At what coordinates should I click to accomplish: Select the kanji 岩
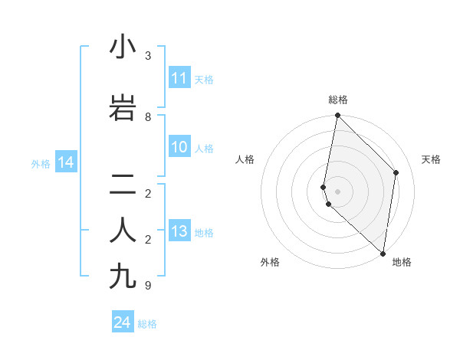pyautogui.click(x=123, y=109)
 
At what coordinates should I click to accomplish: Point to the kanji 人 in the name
pyautogui.click(x=123, y=231)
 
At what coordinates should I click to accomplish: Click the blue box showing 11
pyautogui.click(x=179, y=78)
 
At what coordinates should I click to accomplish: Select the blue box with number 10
pyautogui.click(x=179, y=147)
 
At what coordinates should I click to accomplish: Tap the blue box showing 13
pyautogui.click(x=179, y=232)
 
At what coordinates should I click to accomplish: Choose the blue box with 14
pyautogui.click(x=66, y=162)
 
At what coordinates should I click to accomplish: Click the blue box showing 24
pyautogui.click(x=123, y=323)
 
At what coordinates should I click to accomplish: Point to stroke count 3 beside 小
pyautogui.click(x=148, y=56)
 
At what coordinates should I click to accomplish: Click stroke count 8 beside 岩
pyautogui.click(x=148, y=117)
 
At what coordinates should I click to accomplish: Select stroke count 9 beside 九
pyautogui.click(x=148, y=286)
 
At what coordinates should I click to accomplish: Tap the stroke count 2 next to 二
pyautogui.click(x=148, y=194)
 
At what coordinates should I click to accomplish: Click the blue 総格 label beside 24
pyautogui.click(x=147, y=324)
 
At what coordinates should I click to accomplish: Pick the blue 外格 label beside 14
pyautogui.click(x=41, y=163)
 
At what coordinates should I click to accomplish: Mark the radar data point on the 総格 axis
pyautogui.click(x=337, y=116)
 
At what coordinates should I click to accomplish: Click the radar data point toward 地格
pyautogui.click(x=383, y=254)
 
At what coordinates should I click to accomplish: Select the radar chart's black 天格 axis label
pyautogui.click(x=431, y=159)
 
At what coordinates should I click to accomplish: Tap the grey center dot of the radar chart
pyautogui.click(x=337, y=191)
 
